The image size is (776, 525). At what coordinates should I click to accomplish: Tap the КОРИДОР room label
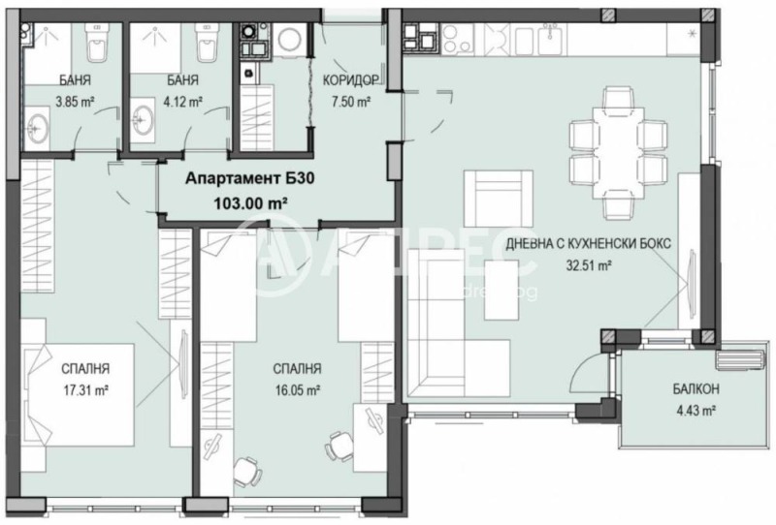click(x=350, y=81)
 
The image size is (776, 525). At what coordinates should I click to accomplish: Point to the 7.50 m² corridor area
click(x=350, y=101)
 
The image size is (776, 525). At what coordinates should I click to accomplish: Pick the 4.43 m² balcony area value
click(x=695, y=411)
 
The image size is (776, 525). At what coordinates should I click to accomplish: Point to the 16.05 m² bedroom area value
click(x=297, y=391)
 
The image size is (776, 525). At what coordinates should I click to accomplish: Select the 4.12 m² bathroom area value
click(x=181, y=101)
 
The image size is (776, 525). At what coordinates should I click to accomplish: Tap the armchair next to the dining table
click(x=498, y=195)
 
